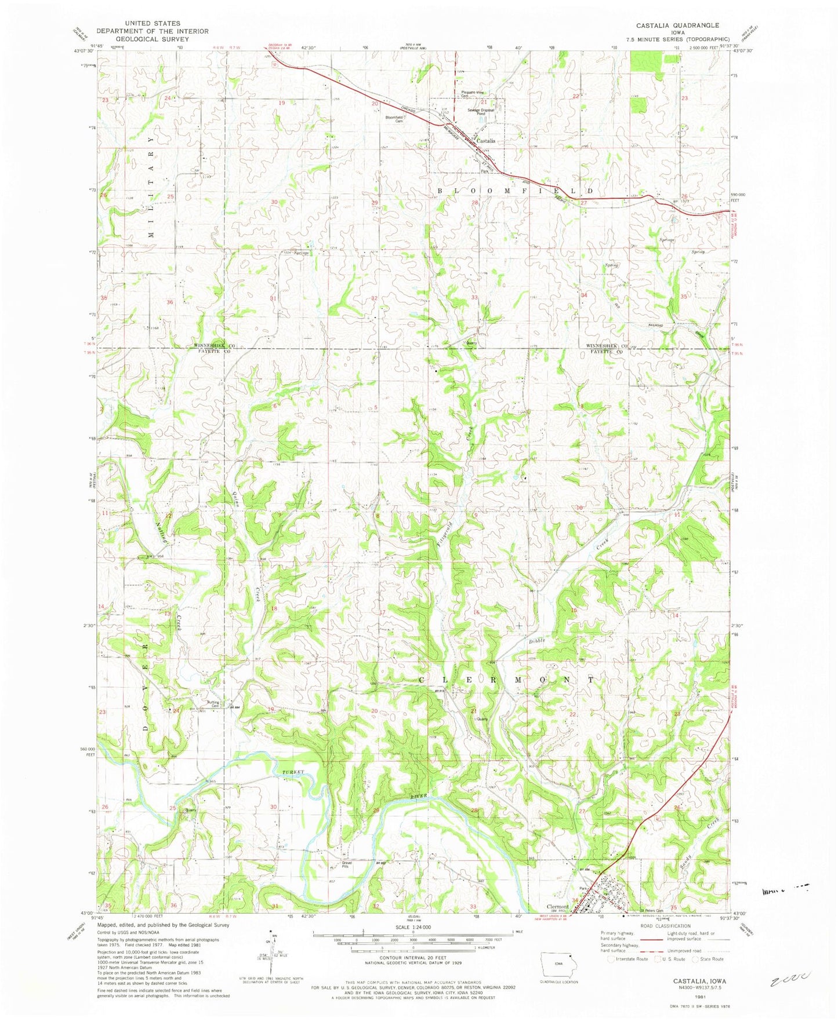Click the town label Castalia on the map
pos(486,141)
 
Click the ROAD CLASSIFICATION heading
pos(665,926)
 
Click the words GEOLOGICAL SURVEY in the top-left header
pos(152,39)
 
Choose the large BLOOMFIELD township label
pos(515,190)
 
